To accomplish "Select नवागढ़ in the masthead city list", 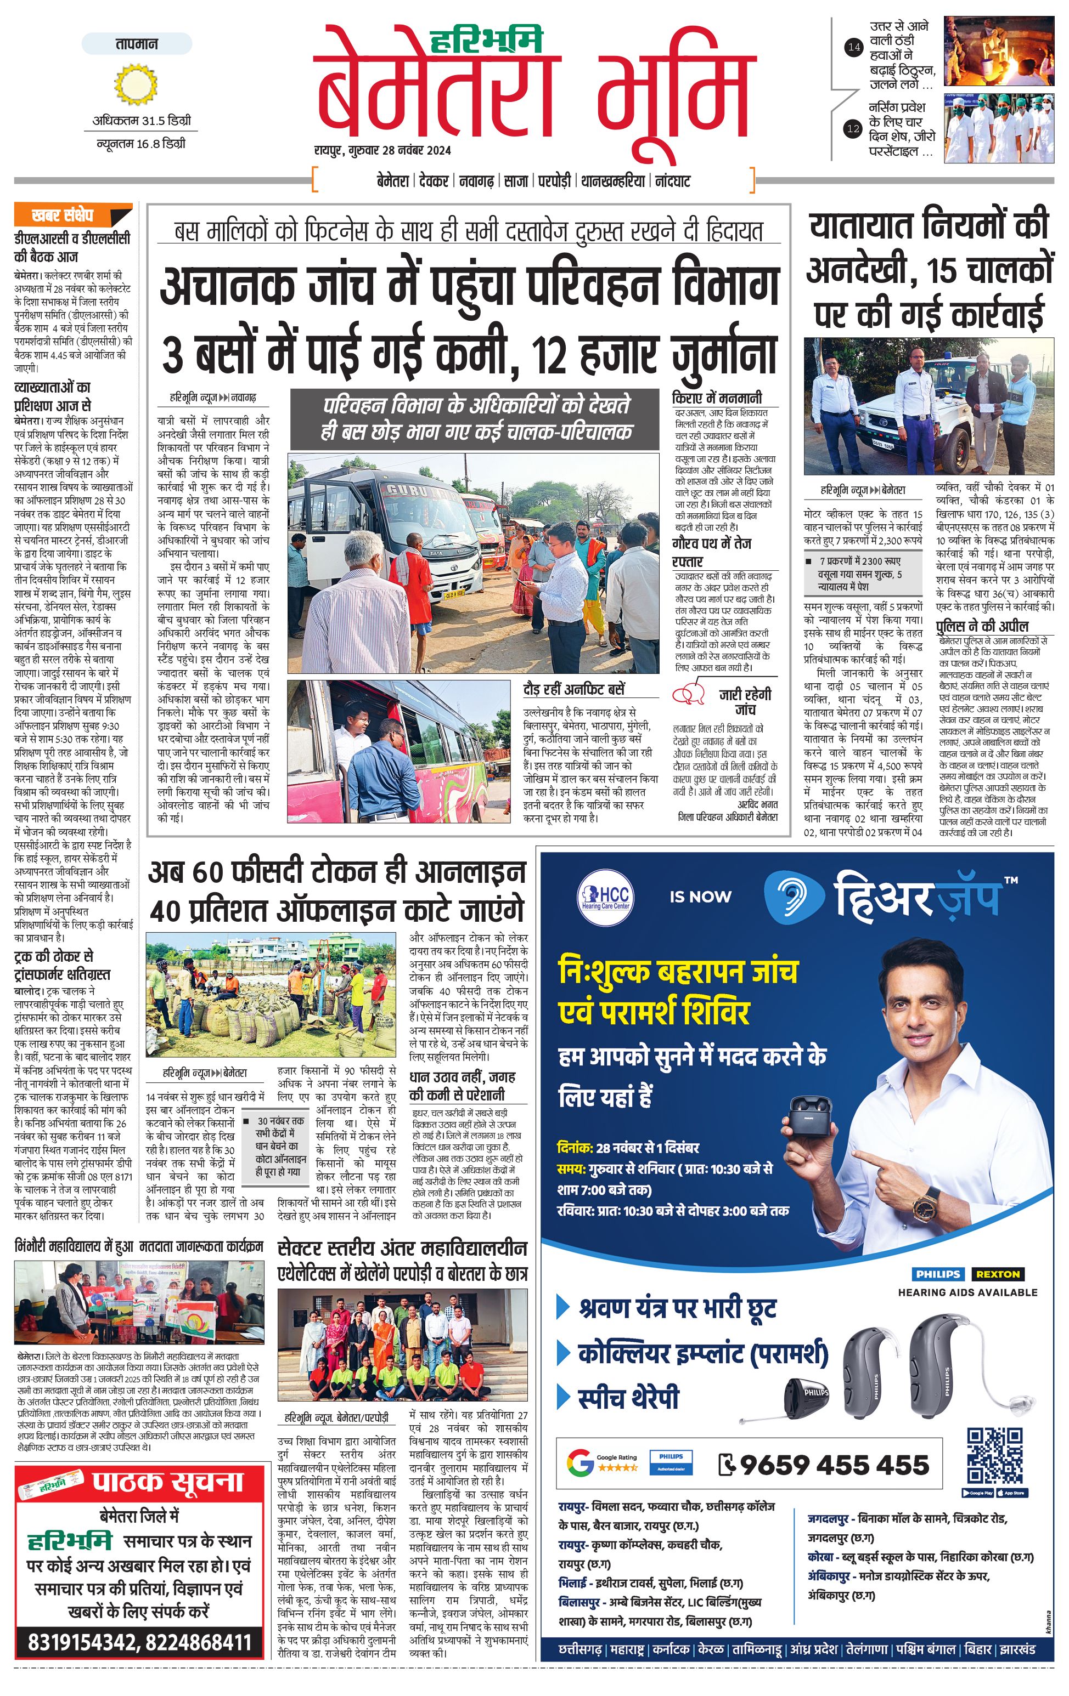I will (476, 181).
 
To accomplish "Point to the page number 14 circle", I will (853, 47).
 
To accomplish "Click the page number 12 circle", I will (853, 129).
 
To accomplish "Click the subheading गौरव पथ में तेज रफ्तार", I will (712, 552).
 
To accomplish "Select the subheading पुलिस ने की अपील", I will (982, 626).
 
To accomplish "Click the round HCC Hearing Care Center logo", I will (605, 897).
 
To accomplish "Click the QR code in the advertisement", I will (994, 1455).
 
